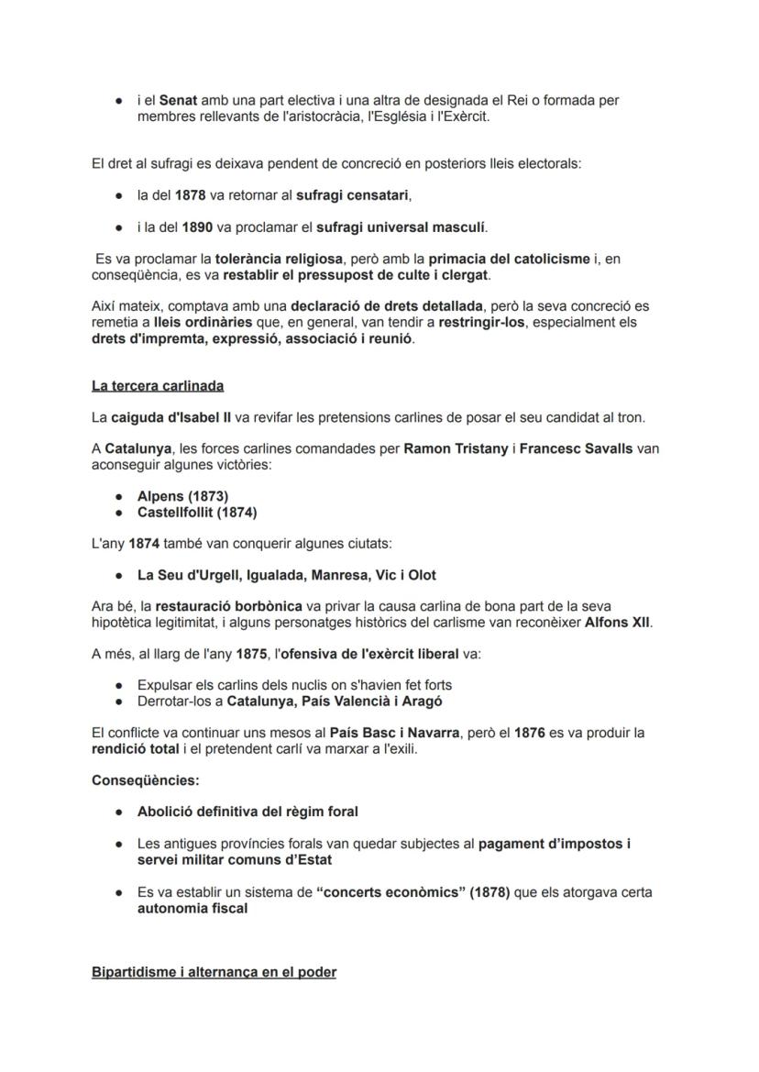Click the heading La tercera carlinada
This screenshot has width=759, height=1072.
[158, 386]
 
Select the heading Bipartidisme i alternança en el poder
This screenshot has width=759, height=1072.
[214, 971]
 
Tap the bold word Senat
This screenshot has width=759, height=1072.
[179, 100]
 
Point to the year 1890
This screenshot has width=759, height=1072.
[197, 227]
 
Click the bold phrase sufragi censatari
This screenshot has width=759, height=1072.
[352, 195]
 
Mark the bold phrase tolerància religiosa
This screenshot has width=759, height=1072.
[280, 260]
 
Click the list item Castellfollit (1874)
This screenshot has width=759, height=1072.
[197, 512]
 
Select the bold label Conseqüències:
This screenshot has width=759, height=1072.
[146, 780]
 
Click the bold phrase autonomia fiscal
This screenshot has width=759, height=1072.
[192, 908]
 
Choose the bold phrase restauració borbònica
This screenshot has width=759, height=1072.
[228, 606]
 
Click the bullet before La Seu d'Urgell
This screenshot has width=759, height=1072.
[120, 576]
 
